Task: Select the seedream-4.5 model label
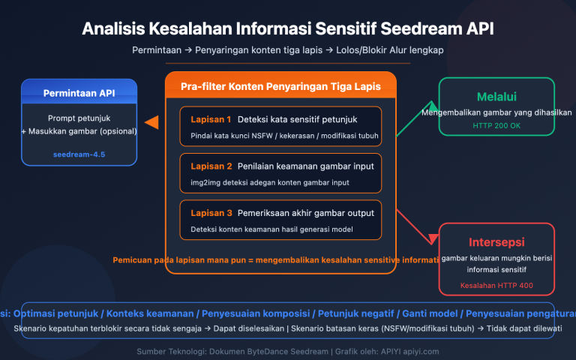(x=79, y=154)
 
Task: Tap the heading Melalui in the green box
(x=496, y=96)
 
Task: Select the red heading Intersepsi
(x=496, y=243)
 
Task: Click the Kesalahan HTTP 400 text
(x=496, y=286)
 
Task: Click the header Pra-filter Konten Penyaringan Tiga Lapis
(x=280, y=87)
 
